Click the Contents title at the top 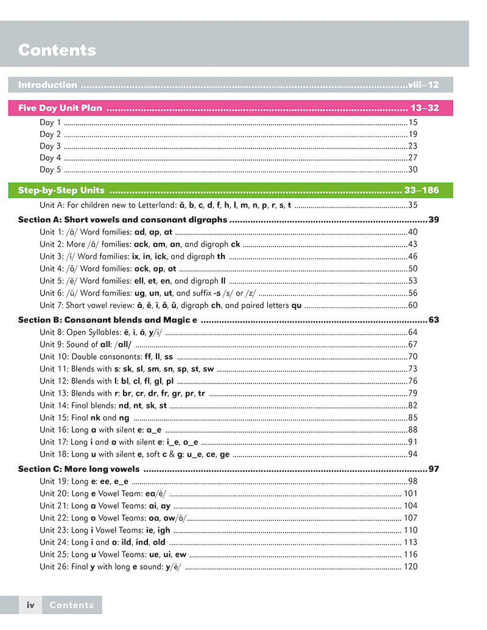click(57, 50)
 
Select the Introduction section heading click(47, 85)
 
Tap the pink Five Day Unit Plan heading click(60, 108)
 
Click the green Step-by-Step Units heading click(61, 190)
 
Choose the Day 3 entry click(51, 146)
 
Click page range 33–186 click(421, 190)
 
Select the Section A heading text click(122, 220)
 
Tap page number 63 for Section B click(433, 320)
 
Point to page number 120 click(410, 567)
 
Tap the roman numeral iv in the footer click(30, 605)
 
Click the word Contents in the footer click(72, 605)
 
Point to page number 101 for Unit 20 click(410, 494)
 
